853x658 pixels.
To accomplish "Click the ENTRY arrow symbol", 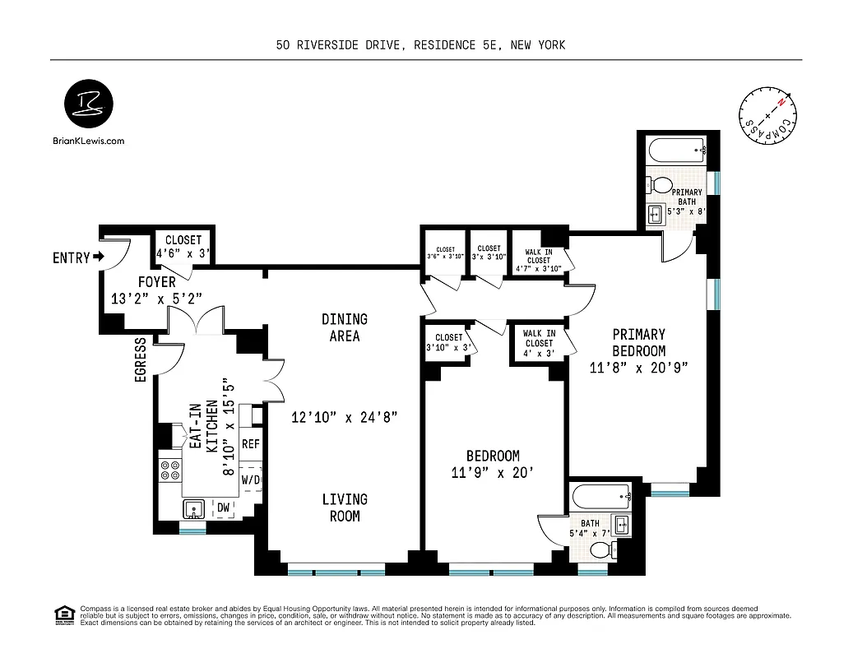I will coord(100,257).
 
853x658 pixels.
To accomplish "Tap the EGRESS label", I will coord(140,359).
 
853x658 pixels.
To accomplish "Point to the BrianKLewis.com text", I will coord(89,141).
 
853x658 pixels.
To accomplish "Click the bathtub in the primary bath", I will coord(676,151).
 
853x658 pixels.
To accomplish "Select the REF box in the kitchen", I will coord(251,444).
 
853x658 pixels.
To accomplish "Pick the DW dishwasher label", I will coord(222,508).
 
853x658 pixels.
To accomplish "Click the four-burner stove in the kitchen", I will coord(170,470).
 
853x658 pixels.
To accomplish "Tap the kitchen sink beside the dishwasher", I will coord(195,509).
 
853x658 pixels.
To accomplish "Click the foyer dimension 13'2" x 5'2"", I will coord(156,299).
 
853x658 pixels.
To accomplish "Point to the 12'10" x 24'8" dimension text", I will coord(345,417).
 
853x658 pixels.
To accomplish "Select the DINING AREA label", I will coord(345,327).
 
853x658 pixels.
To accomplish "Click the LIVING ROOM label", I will coord(345,507).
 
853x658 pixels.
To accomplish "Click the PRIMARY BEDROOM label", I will coord(638,350).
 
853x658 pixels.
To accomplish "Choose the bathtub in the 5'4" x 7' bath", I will coord(599,496).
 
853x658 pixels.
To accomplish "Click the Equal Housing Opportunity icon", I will coord(63,614).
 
